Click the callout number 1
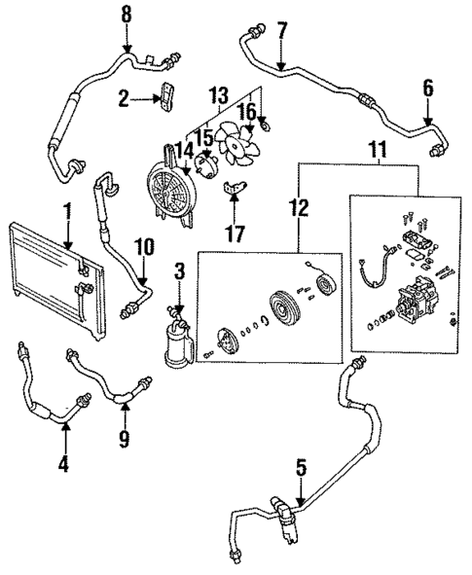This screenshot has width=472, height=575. [67, 211]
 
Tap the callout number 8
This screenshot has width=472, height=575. [126, 16]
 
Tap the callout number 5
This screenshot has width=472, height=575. [302, 469]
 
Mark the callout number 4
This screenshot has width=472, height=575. [63, 463]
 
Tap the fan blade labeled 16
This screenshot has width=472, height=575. [236, 146]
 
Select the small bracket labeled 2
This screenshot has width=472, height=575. [166, 98]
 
